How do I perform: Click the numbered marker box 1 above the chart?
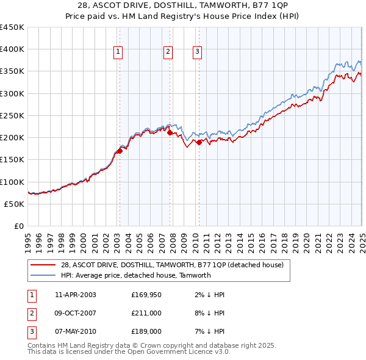[117, 52]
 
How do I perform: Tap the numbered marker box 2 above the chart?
[167, 52]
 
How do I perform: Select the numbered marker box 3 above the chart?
[197, 52]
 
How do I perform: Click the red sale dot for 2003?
[120, 151]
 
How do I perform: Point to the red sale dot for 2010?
[199, 143]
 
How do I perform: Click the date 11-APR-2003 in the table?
[76, 295]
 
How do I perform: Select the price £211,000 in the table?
[146, 313]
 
